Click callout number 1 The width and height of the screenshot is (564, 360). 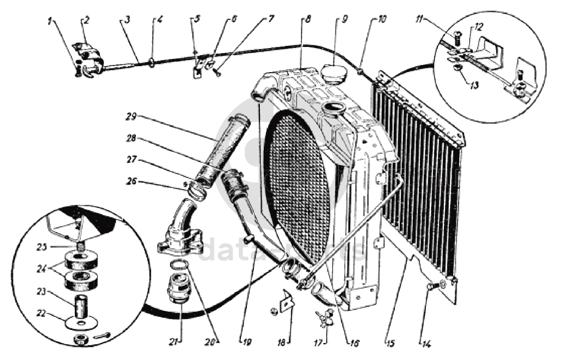50,21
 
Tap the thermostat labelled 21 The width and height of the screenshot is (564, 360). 180,285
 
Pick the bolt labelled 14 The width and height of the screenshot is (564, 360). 434,285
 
